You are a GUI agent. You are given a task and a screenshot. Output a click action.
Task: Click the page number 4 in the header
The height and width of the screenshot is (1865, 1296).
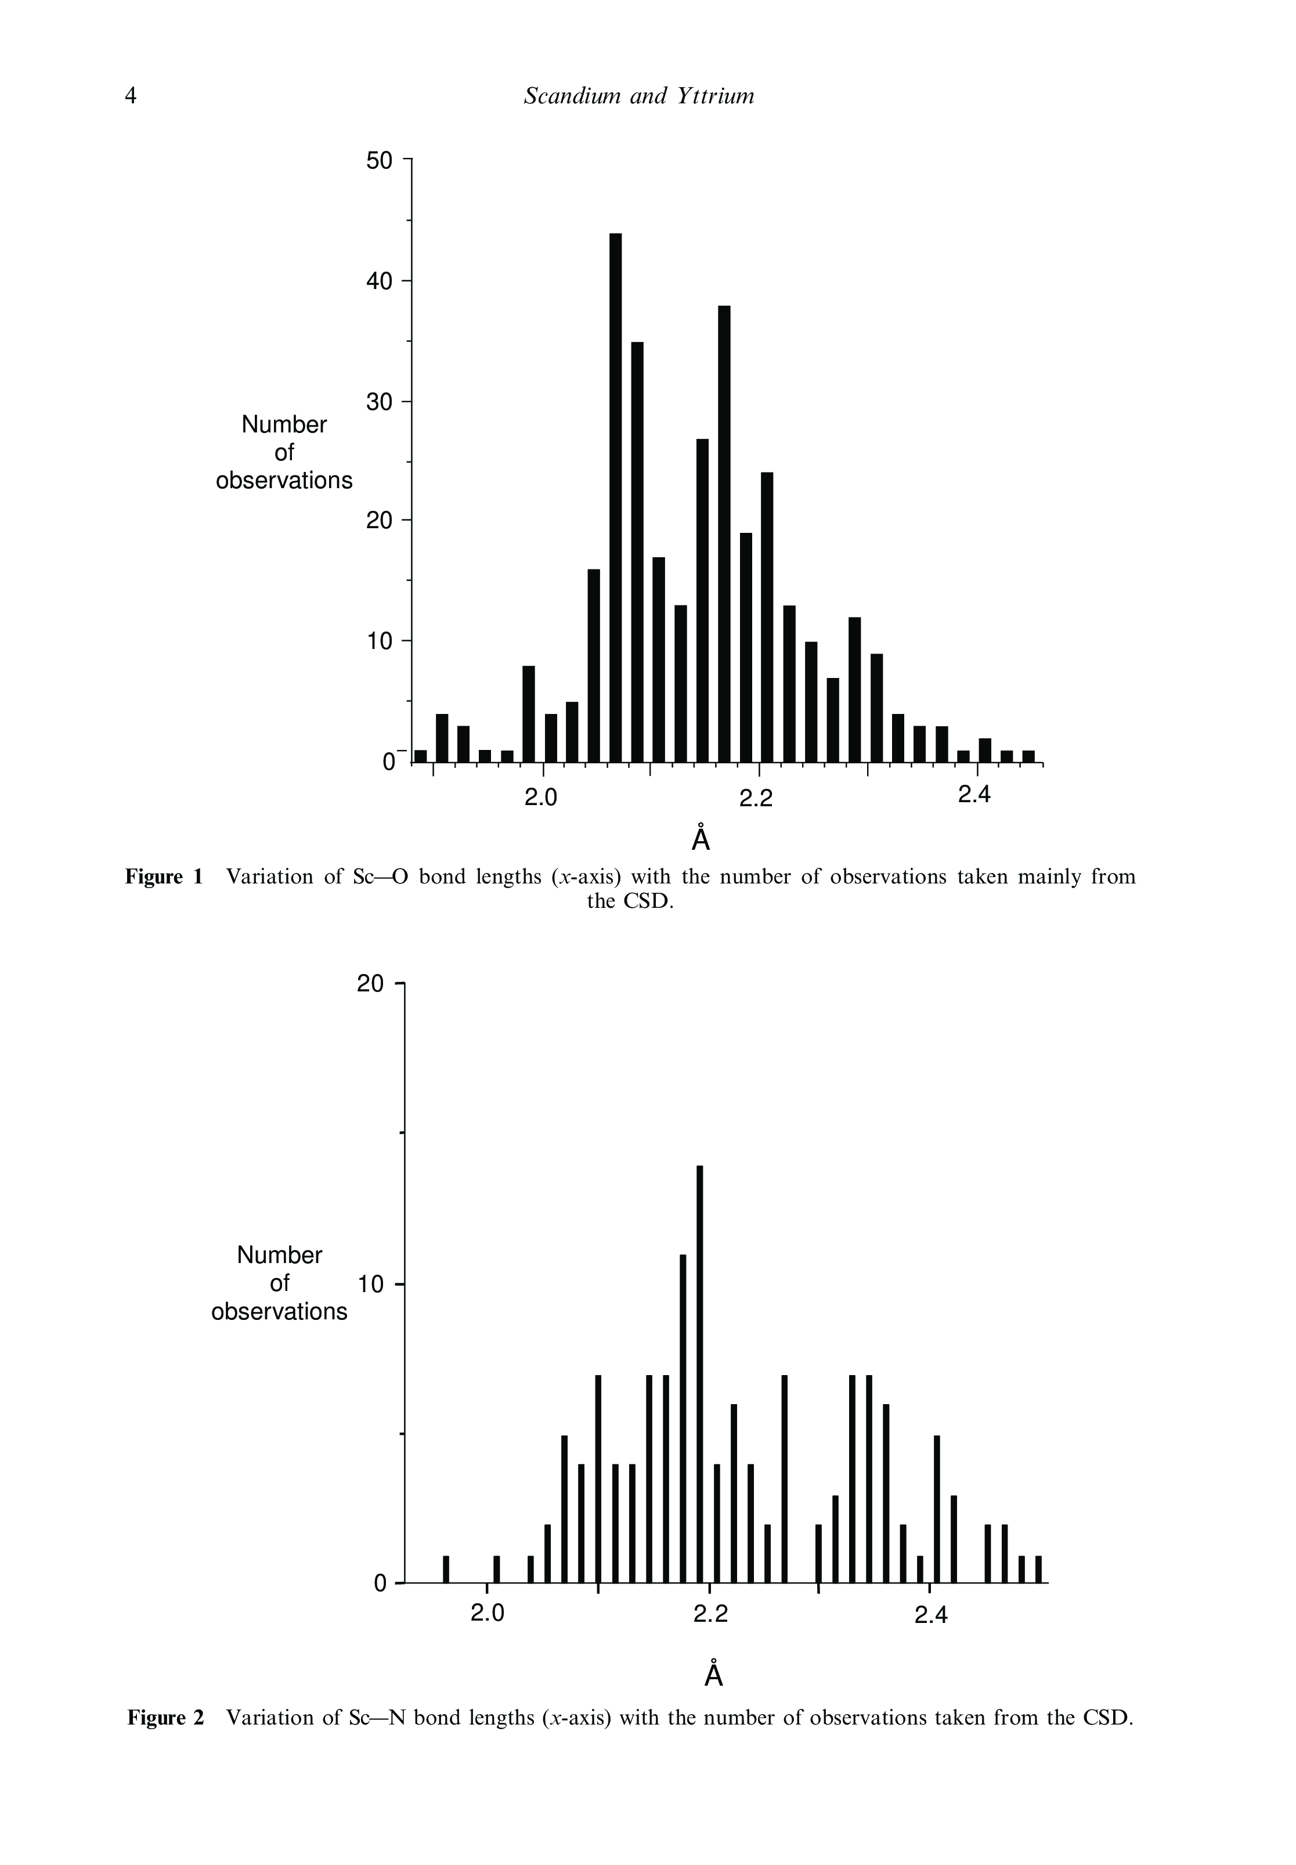point(131,96)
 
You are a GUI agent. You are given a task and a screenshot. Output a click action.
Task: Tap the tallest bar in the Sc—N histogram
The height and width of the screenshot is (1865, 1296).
point(700,1373)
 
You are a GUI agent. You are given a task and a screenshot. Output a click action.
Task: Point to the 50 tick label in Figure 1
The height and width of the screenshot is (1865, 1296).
point(379,161)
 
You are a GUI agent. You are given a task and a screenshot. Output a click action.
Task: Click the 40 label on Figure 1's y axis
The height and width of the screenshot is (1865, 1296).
point(379,282)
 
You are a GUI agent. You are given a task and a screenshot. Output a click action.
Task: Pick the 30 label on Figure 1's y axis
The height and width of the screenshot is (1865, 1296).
point(379,402)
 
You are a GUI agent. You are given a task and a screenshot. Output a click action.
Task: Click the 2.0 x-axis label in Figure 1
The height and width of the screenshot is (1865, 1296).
point(541,798)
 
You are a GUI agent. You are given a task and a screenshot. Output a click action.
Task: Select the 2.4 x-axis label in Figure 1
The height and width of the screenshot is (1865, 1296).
point(974,796)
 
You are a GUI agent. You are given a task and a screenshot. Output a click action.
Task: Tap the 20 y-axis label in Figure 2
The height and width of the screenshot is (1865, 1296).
point(370,984)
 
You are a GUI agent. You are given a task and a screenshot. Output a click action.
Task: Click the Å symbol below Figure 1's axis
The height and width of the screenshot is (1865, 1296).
point(701,839)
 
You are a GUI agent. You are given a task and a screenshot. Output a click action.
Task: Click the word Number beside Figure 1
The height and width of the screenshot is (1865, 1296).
point(284,425)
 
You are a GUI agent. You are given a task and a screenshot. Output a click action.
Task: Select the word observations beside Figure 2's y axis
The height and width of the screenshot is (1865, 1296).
point(279,1312)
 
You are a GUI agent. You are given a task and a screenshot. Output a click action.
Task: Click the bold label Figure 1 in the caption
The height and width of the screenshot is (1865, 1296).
point(164,877)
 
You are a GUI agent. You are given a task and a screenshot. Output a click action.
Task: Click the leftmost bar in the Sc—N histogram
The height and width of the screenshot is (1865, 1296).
point(446,1568)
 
